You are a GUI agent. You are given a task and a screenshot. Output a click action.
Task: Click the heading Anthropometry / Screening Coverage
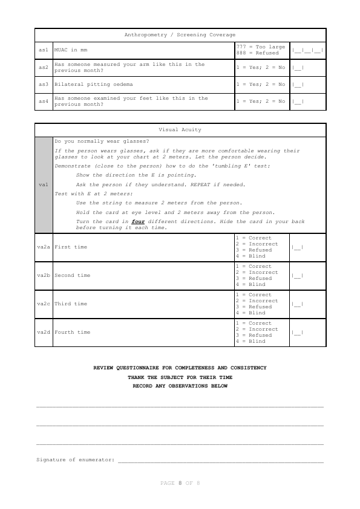point(180,35)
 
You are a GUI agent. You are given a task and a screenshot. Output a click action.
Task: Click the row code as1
point(43,50)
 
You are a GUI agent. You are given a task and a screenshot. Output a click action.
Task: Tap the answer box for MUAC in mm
point(307,50)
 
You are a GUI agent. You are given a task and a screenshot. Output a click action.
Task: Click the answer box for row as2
point(298,67)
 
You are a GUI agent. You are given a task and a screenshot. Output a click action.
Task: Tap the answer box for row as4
point(298,101)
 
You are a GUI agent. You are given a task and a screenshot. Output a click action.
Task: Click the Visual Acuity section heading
point(180,129)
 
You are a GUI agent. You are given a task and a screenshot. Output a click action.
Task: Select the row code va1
point(43,184)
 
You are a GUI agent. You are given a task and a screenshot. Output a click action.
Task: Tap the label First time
point(71,247)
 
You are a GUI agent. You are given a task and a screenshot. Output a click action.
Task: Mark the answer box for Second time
point(298,275)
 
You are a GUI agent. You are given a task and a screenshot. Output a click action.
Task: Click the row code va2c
point(43,303)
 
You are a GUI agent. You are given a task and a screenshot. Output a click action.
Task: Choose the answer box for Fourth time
point(298,332)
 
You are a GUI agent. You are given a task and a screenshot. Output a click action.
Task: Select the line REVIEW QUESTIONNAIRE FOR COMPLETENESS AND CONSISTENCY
point(180,368)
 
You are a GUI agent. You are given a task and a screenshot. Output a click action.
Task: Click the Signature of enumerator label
point(76,460)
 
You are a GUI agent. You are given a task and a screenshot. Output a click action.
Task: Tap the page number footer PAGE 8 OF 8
point(180,483)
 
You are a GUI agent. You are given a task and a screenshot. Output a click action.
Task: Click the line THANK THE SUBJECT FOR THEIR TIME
point(180,377)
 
